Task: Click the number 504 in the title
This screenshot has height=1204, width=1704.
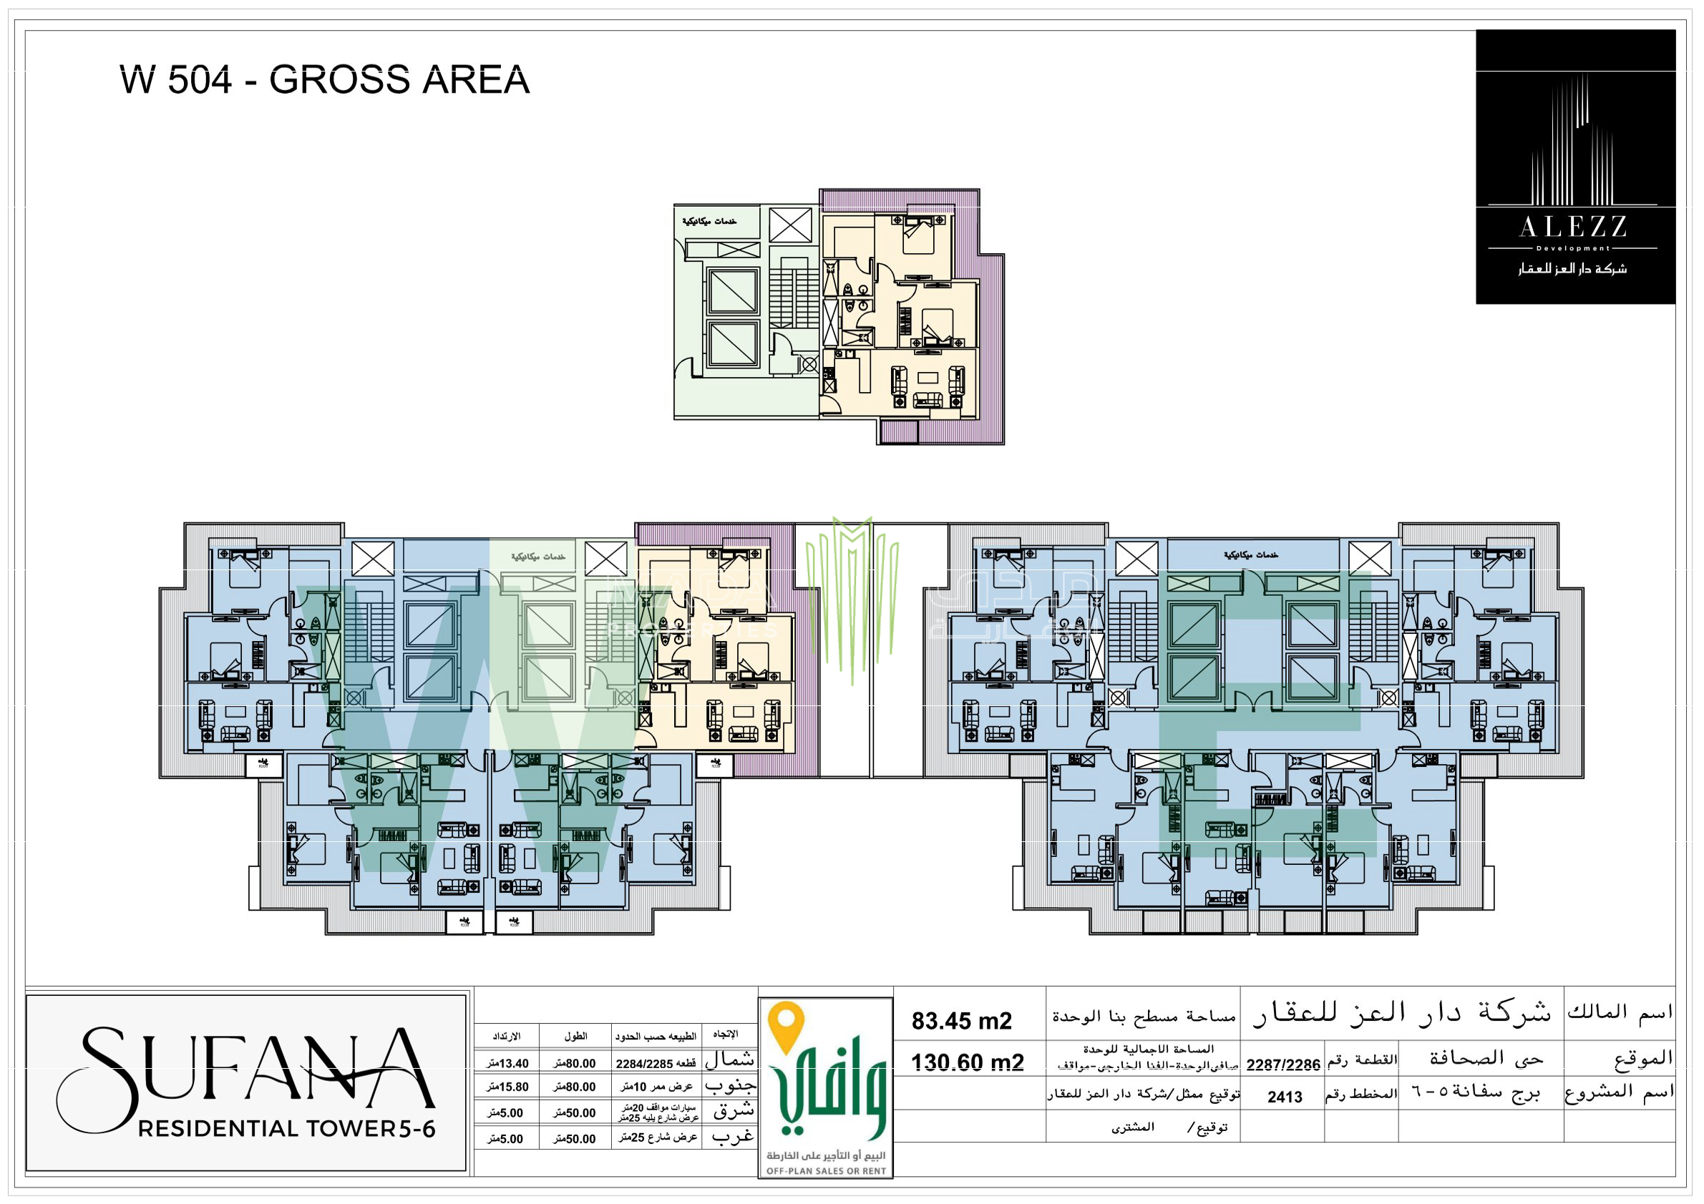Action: (200, 79)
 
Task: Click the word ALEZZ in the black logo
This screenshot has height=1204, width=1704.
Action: (1573, 227)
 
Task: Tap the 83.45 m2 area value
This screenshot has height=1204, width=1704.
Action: (961, 1021)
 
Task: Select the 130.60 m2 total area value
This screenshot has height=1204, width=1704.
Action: (967, 1062)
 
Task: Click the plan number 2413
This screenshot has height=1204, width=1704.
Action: (1285, 1097)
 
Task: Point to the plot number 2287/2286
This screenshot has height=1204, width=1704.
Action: (1282, 1064)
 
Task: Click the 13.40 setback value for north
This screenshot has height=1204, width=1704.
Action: (508, 1064)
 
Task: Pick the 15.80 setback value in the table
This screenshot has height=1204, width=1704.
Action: (508, 1087)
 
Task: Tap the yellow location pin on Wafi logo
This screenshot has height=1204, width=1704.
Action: (787, 1026)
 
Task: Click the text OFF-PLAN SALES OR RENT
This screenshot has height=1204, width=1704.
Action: (826, 1170)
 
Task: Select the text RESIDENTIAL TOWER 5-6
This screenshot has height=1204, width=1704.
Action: (286, 1128)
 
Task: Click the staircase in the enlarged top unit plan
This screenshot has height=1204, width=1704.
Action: (794, 297)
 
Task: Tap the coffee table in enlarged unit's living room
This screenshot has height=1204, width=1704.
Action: (928, 378)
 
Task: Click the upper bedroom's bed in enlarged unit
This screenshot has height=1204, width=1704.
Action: (919, 238)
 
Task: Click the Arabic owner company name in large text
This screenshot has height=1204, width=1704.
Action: (1401, 1013)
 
